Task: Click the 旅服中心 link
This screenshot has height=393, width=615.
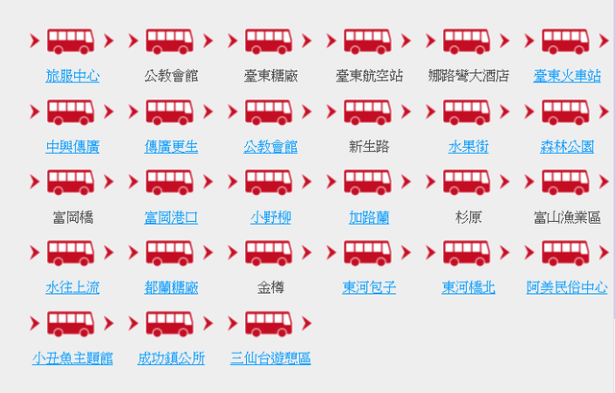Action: point(73,76)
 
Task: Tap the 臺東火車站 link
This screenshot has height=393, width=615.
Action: point(567,76)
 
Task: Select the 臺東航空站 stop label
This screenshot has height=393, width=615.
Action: point(369,76)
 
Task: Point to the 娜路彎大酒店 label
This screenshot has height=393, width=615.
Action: point(468,76)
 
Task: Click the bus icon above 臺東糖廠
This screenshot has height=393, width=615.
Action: point(269,40)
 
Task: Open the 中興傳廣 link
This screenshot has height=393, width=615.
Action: point(73,147)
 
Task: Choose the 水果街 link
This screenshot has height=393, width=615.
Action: point(468,147)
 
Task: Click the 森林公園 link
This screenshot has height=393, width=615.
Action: point(567,147)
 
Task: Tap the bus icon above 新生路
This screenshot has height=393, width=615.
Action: point(367,111)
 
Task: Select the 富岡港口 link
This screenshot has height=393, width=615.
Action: point(171,217)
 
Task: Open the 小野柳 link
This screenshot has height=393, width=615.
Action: point(271,217)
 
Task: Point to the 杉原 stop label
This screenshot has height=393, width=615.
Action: point(468,217)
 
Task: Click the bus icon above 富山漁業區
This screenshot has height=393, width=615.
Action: point(566,182)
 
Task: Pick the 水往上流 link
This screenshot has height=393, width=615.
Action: point(73,288)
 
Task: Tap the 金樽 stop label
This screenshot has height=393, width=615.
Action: point(271,288)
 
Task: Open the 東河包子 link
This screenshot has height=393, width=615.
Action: point(369,288)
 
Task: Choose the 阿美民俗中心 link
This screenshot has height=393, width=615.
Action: point(567,288)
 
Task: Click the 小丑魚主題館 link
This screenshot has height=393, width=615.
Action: point(73,358)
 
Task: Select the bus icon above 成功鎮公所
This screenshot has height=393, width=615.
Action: point(169,324)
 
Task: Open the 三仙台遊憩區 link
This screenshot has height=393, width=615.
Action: point(271,358)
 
